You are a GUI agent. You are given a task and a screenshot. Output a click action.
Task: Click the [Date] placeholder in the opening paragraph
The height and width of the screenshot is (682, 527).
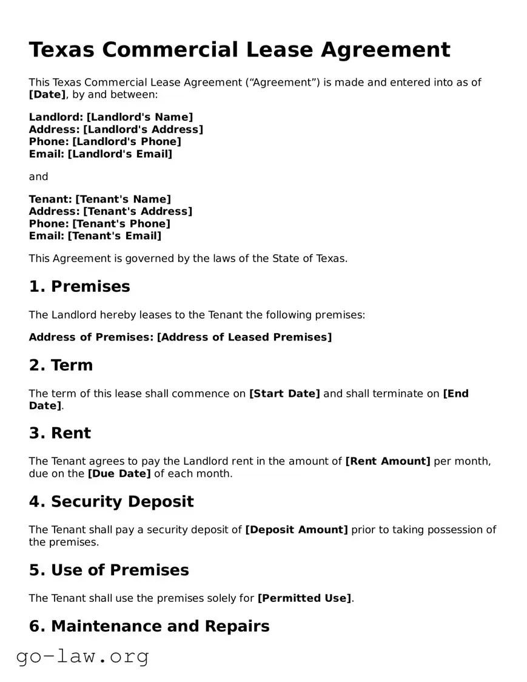point(47,94)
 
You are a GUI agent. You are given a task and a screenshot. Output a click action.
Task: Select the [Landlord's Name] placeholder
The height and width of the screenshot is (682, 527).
point(139,117)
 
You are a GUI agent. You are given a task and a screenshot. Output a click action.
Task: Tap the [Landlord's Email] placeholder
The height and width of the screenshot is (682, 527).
point(119,154)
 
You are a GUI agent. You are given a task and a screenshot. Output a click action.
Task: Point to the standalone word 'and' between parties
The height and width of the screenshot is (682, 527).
point(38,177)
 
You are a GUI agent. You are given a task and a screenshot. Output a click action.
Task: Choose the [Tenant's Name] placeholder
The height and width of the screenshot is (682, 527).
point(123,199)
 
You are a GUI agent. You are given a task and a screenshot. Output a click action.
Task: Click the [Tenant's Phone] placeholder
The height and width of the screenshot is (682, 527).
point(121,223)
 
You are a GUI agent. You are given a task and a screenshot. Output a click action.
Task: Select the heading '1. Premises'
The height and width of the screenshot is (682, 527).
point(79,286)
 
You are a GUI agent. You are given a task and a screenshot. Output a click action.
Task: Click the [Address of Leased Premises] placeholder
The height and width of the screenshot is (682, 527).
point(244,337)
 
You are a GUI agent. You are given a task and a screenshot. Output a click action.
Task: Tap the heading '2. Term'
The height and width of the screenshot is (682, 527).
point(61,365)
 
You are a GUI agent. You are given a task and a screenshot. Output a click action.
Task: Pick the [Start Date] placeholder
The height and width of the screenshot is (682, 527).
point(284,393)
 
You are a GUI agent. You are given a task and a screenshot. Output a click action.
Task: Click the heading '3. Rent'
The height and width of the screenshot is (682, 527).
point(60,433)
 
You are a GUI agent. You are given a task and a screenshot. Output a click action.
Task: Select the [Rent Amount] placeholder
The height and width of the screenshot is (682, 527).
point(388,461)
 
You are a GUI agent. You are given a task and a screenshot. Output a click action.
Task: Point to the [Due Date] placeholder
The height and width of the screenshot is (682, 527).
point(119,473)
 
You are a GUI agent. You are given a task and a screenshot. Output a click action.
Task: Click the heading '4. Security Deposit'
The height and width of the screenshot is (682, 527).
point(112,502)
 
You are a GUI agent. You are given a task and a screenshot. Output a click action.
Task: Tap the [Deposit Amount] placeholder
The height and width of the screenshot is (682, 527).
point(297,530)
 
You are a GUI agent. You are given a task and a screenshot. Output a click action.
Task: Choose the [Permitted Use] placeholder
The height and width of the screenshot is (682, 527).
point(304,598)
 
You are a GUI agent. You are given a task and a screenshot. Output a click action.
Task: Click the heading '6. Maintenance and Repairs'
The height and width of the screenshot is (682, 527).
point(149,626)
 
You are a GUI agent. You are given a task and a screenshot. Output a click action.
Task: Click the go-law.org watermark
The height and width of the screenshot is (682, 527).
point(82,657)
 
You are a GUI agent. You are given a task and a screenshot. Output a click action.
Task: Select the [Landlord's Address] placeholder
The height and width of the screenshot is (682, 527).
point(143,129)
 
